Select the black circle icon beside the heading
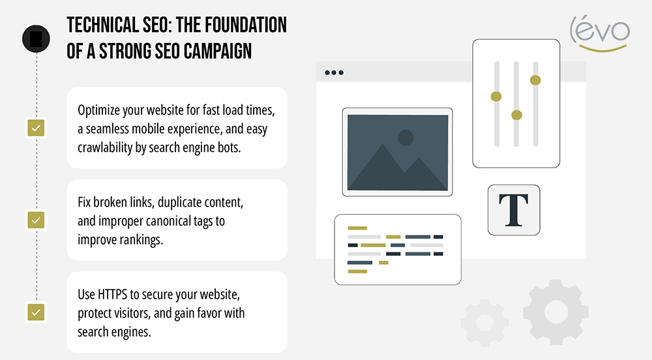click(35, 37)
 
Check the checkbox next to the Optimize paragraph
click(35, 128)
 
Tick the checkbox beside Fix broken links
click(35, 220)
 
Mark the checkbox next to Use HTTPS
click(35, 312)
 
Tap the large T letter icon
click(513, 209)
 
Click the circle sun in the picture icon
click(406, 138)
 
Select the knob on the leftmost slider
click(496, 97)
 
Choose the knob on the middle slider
click(516, 115)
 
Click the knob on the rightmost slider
click(535, 80)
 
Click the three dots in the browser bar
click(334, 72)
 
